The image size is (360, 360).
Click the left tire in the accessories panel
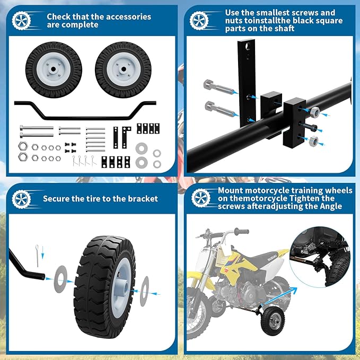point(54,70)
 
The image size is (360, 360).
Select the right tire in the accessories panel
point(123,70)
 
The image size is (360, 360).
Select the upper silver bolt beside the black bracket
point(217,87)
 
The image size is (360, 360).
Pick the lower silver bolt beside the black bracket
point(218,110)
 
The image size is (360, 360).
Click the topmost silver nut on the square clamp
point(314,112)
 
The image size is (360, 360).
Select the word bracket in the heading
point(143,199)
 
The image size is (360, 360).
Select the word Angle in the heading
point(328,206)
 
